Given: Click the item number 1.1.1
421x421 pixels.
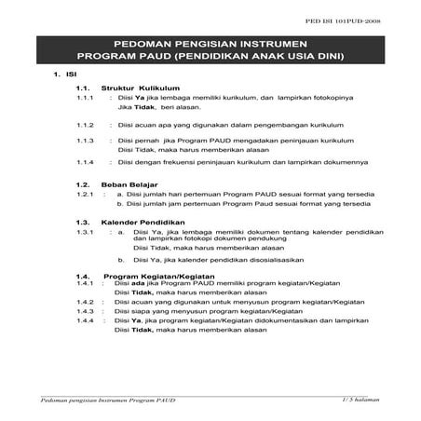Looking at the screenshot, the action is click(x=88, y=97).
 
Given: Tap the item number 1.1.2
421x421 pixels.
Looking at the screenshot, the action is click(x=88, y=123).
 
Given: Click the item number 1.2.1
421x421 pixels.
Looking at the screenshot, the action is click(x=88, y=195).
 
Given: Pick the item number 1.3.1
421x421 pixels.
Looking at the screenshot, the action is click(x=88, y=231).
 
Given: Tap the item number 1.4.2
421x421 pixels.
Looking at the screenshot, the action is click(x=88, y=302).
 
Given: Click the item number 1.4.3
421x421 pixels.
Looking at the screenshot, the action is click(x=88, y=311).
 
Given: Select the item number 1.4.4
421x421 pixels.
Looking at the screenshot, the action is click(x=88, y=321).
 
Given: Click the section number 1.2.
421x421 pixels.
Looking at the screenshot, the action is click(x=84, y=184).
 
